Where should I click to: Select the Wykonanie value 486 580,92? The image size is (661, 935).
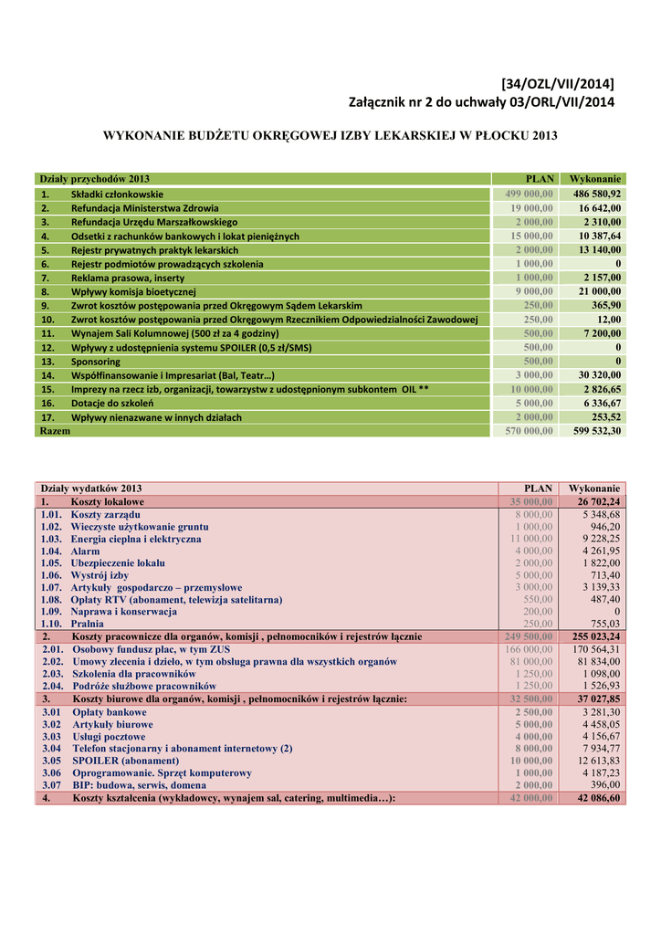click(597, 194)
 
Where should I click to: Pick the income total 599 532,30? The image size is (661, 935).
click(597, 431)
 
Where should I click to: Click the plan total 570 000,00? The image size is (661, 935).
click(530, 431)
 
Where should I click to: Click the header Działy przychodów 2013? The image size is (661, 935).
click(94, 179)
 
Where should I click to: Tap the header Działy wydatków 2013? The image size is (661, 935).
click(91, 489)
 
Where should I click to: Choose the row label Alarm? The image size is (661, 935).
click(86, 552)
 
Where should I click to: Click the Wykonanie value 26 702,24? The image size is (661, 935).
click(598, 502)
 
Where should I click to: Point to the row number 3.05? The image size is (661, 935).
click(51, 760)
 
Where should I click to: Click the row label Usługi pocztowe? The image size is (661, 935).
click(109, 736)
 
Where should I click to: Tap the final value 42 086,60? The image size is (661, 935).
click(598, 797)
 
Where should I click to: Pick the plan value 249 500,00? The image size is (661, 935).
click(529, 636)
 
